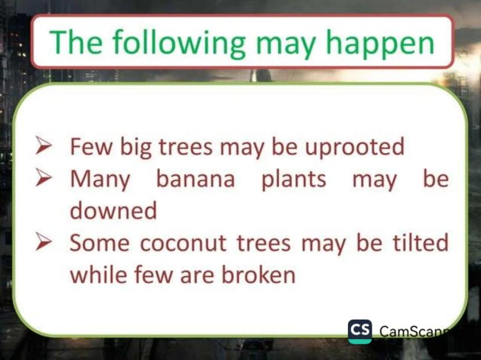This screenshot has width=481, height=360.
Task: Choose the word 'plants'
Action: coord(293,179)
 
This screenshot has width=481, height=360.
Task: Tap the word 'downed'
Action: coord(113,210)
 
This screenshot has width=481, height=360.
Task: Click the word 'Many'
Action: coord(100,179)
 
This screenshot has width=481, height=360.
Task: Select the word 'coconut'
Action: coord(184,243)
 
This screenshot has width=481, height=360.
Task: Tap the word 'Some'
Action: coord(99,243)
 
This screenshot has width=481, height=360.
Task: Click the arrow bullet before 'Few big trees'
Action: coord(43,145)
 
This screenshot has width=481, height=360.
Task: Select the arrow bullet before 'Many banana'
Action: coord(43,177)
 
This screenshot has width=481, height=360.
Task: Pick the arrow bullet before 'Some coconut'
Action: coord(43,242)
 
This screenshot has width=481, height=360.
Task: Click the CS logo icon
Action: coord(360,332)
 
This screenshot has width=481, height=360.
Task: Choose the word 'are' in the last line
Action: coord(196,275)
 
